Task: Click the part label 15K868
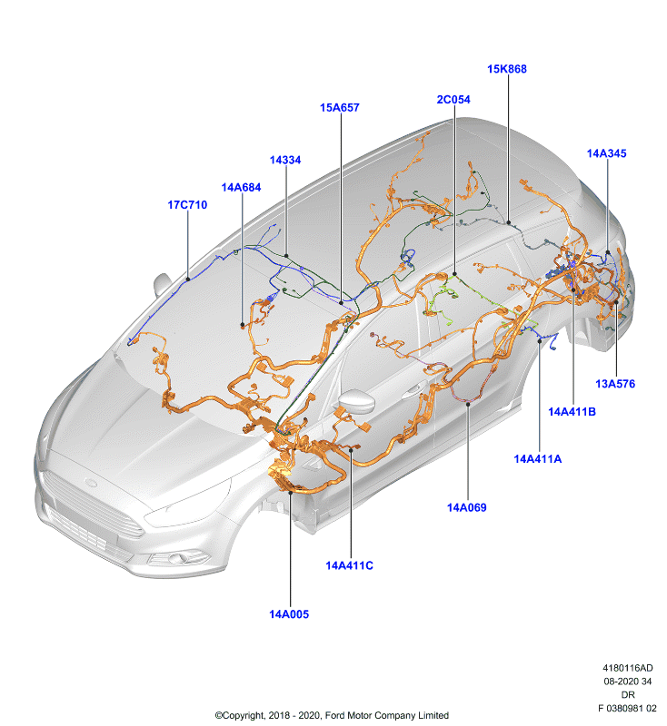pyautogui.click(x=507, y=69)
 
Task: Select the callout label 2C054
pyautogui.click(x=453, y=100)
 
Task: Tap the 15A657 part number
pyautogui.click(x=339, y=107)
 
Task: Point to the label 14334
pyautogui.click(x=285, y=160)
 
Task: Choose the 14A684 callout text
pyautogui.click(x=241, y=188)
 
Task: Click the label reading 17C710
pyautogui.click(x=187, y=205)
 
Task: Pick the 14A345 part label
pyautogui.click(x=606, y=153)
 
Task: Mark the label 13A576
pyautogui.click(x=615, y=384)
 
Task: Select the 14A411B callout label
pyautogui.click(x=572, y=412)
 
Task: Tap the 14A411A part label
pyautogui.click(x=538, y=459)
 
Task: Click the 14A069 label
pyautogui.click(x=466, y=507)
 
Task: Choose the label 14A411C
pyautogui.click(x=349, y=565)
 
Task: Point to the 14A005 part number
pyautogui.click(x=289, y=614)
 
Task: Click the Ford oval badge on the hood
pyautogui.click(x=91, y=484)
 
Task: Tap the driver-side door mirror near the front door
pyautogui.click(x=356, y=401)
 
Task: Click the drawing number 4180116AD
pyautogui.click(x=628, y=668)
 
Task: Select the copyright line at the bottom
pyautogui.click(x=332, y=715)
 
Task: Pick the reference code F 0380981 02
pyautogui.click(x=627, y=709)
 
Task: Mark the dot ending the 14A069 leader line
pyautogui.click(x=468, y=404)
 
